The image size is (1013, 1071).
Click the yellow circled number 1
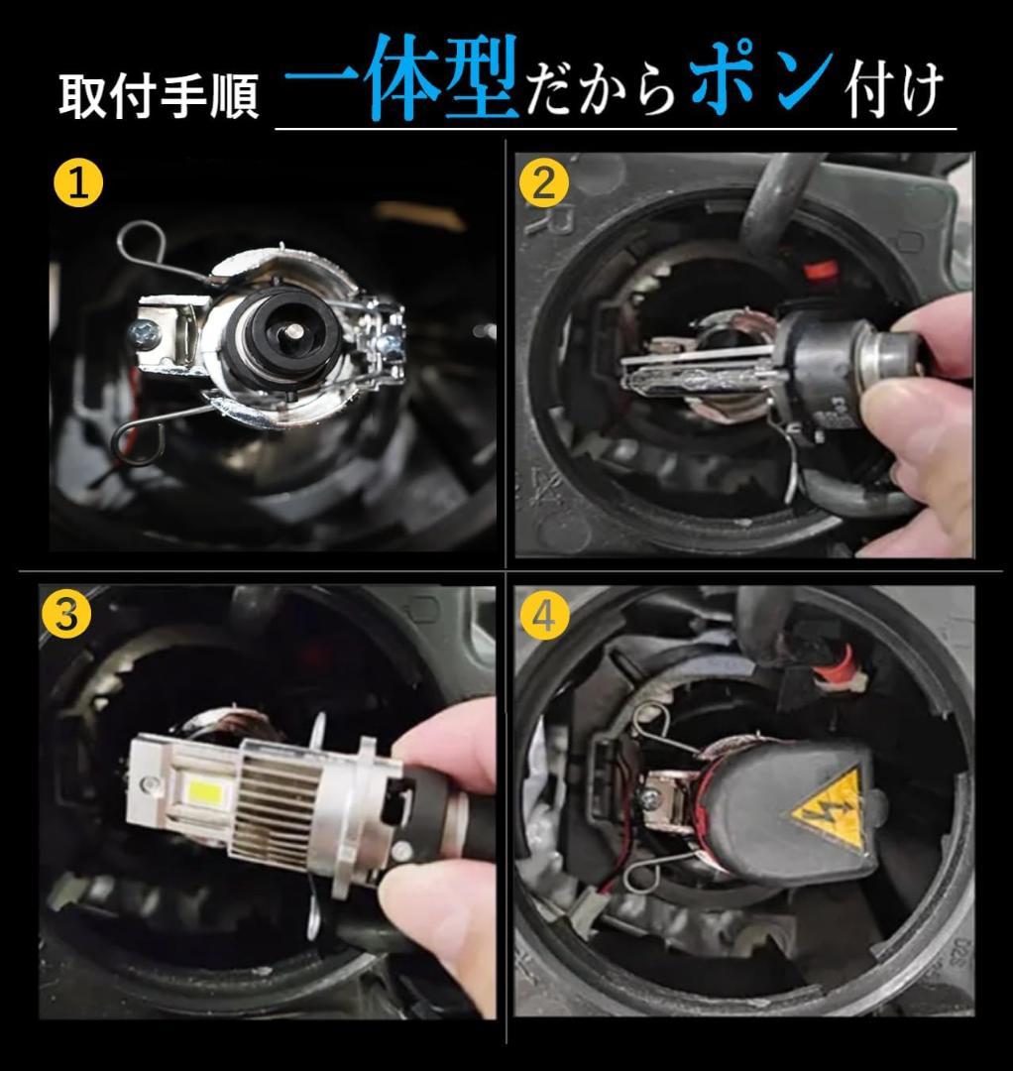(x=78, y=185)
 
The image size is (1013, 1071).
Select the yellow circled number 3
(x=66, y=615)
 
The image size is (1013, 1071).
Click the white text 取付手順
(x=159, y=97)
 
